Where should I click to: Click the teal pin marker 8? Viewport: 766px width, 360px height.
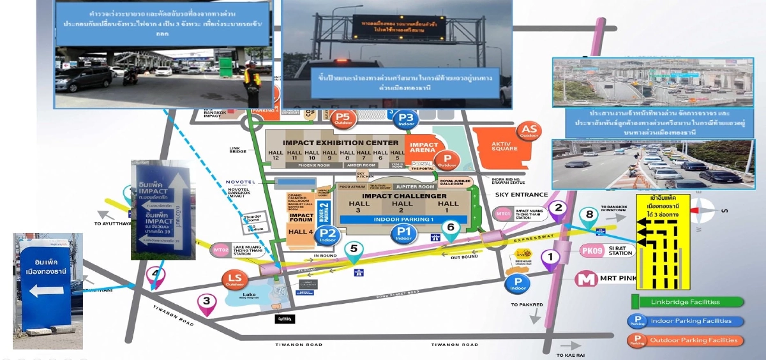click(589, 215)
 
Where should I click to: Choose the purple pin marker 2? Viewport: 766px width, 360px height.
click(559, 208)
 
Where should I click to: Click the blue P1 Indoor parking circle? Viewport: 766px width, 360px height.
click(403, 233)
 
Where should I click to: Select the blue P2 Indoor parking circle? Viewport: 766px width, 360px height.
click(328, 235)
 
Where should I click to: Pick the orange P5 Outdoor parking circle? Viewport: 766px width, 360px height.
click(343, 119)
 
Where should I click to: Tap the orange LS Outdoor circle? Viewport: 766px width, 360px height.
click(234, 280)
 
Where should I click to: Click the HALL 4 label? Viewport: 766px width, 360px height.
click(301, 232)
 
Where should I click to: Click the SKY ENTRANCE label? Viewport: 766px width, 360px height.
click(521, 194)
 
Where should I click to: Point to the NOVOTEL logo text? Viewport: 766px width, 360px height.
click(241, 182)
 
